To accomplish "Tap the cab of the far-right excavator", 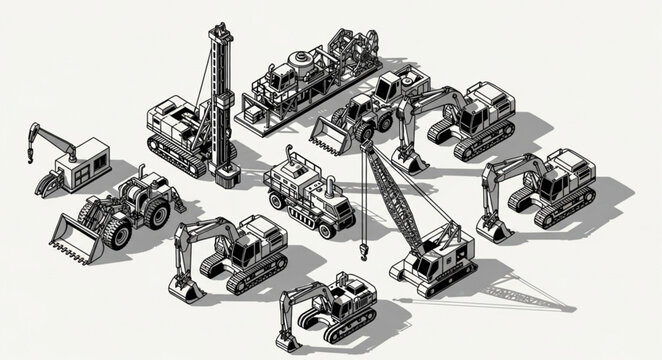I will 571,170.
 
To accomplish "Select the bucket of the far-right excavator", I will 493,229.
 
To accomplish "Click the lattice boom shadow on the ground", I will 520,296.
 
